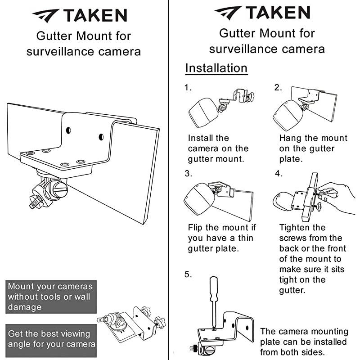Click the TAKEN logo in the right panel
click(262, 13)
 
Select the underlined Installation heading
click(216, 68)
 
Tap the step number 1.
click(188, 88)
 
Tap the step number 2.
click(278, 88)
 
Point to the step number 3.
click(188, 173)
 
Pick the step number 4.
click(279, 173)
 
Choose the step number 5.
click(188, 274)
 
